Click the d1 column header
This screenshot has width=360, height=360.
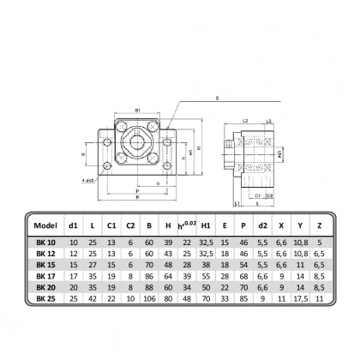(74, 226)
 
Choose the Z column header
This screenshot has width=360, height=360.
(319, 226)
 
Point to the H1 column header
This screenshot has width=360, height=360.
(207, 226)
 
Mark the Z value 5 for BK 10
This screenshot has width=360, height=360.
(319, 244)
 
